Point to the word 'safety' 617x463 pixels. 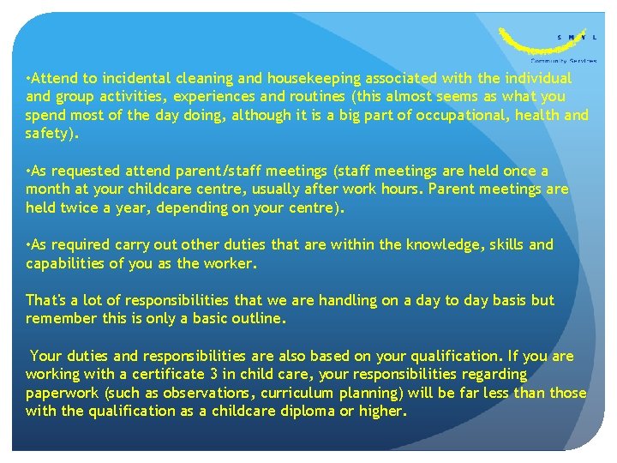49,133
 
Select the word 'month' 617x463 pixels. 47,189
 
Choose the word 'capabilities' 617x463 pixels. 66,264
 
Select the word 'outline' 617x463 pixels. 255,318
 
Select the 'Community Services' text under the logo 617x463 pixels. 564,62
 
